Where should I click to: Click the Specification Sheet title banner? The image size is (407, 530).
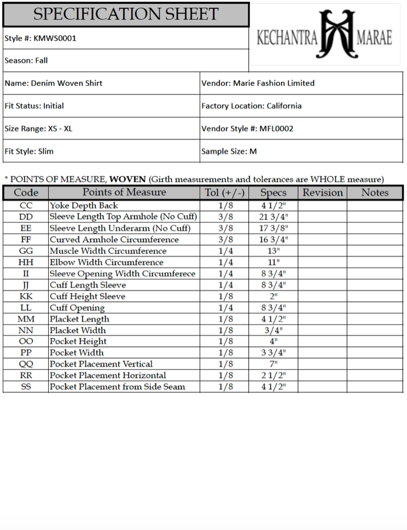(126, 15)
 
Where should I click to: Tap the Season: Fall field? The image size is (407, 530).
(26, 61)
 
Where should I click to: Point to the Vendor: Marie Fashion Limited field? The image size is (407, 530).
(258, 83)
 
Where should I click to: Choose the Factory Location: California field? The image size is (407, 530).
(251, 106)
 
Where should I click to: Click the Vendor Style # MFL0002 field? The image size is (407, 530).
(247, 129)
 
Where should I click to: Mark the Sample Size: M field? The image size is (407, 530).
(229, 151)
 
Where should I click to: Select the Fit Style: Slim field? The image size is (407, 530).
(29, 151)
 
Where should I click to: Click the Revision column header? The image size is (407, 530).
(323, 193)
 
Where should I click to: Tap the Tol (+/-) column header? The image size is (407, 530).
(225, 193)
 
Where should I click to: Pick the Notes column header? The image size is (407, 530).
(375, 193)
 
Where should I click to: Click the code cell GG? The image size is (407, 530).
(26, 251)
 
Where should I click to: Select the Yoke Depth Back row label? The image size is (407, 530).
(84, 206)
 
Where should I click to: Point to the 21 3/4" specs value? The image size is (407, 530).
(274, 217)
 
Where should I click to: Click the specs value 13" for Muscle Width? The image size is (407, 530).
(274, 251)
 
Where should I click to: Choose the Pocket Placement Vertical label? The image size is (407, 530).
(101, 364)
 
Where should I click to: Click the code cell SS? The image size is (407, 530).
(26, 387)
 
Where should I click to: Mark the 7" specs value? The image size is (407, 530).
(274, 364)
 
